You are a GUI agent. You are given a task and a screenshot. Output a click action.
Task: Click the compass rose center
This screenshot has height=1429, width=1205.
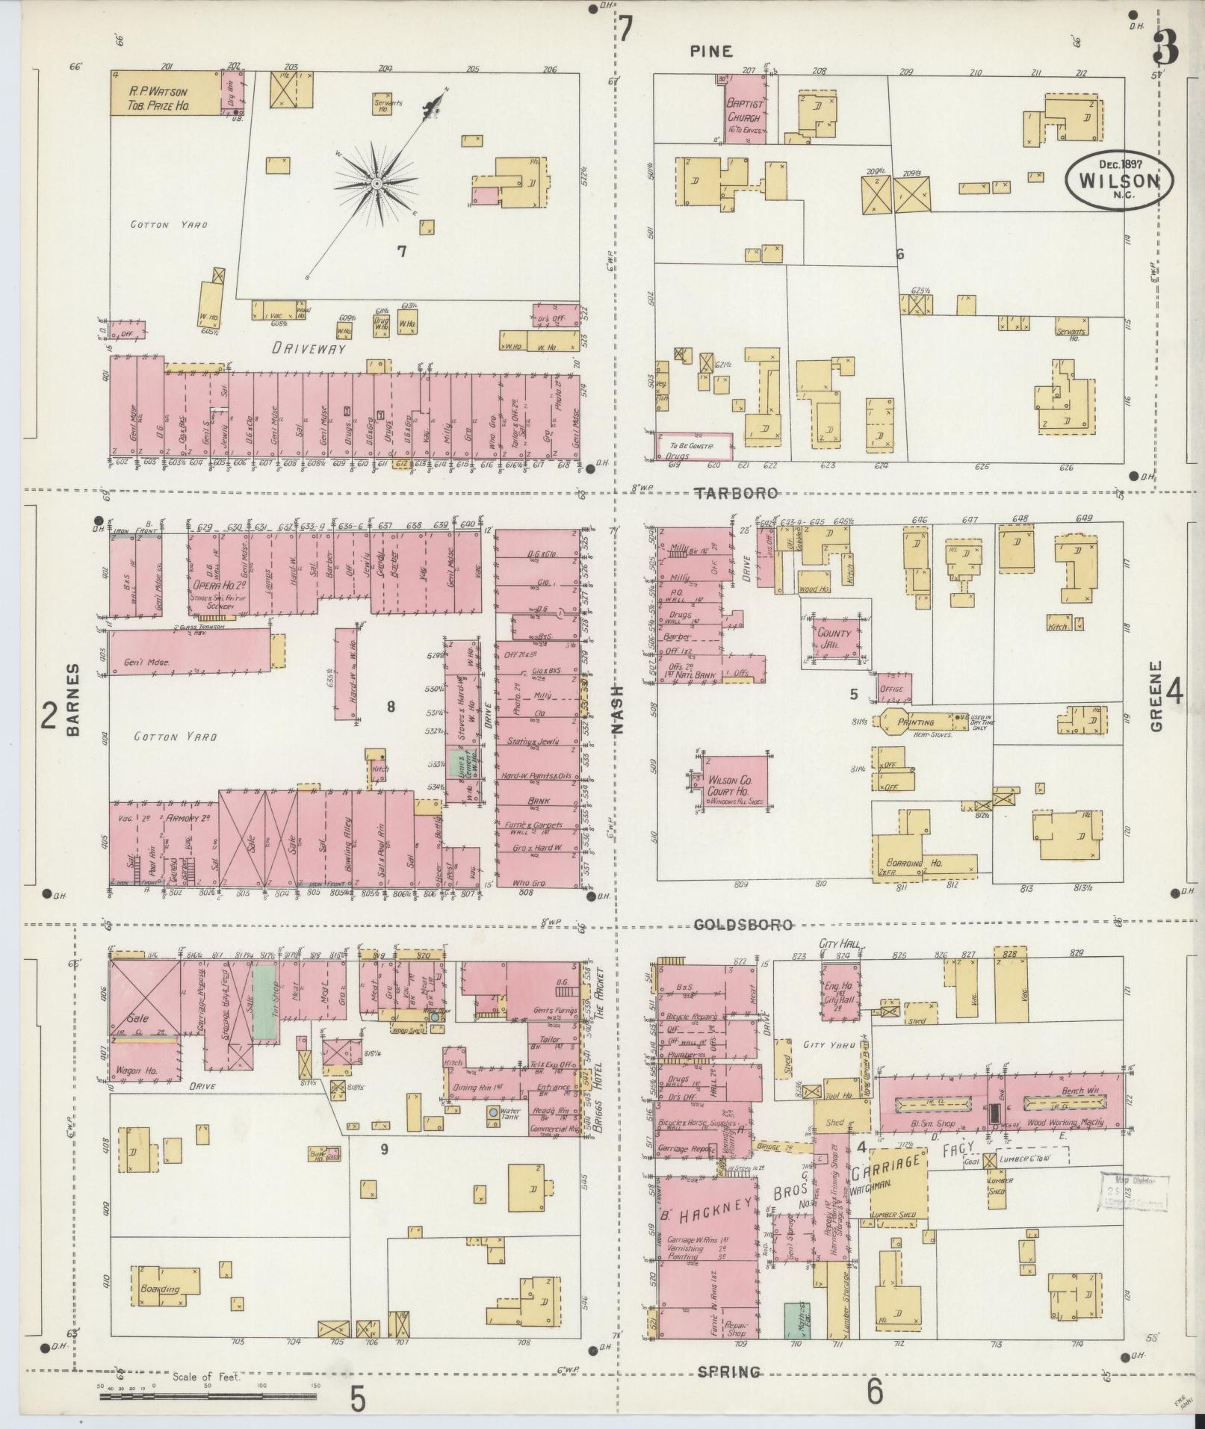pos(377,183)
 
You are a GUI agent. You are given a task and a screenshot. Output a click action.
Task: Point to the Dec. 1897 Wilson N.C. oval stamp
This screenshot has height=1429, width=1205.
pos(1118,179)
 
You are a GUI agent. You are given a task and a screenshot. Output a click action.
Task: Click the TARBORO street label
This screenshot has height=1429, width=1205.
pos(736,493)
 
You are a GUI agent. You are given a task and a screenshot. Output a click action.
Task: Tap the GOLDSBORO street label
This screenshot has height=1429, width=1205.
pos(743,925)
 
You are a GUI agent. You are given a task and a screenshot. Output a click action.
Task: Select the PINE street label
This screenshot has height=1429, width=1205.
pos(710,52)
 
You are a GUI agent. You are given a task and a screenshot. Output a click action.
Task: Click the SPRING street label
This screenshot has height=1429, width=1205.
pos(729,1371)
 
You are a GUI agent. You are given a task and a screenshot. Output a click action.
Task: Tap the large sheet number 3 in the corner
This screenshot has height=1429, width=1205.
pos(1165,46)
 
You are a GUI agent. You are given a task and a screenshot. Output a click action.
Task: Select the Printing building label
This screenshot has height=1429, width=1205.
pos(915,723)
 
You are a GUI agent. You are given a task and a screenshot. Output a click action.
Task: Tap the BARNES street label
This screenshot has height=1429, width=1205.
pos(73,699)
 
